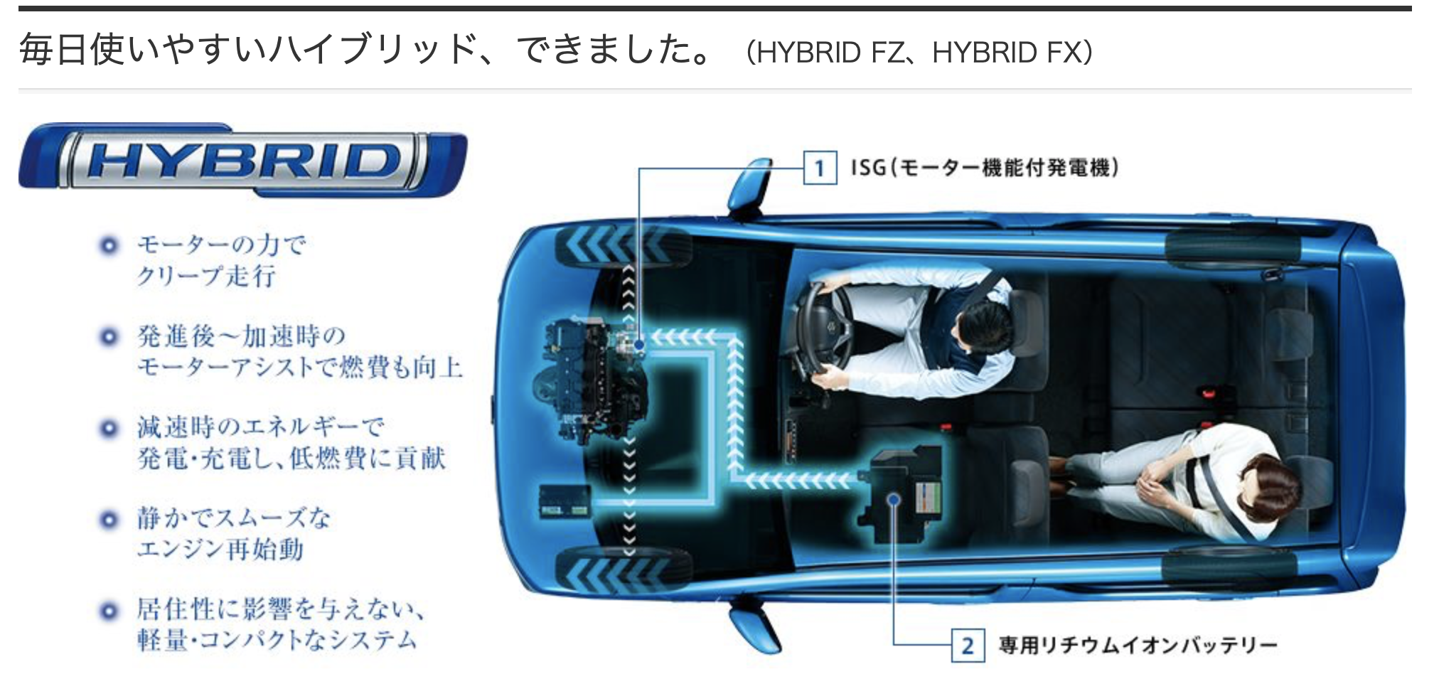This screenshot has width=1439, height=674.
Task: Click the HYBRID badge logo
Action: pyautogui.click(x=242, y=159)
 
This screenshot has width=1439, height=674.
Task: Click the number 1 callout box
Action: pyautogui.click(x=819, y=168)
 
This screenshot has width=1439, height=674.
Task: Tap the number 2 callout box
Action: pyautogui.click(x=967, y=646)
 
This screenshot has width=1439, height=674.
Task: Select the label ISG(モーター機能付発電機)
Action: pyautogui.click(x=985, y=168)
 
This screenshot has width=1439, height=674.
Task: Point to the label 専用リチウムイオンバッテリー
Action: pyautogui.click(x=1138, y=646)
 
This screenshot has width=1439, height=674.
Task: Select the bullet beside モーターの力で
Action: pyautogui.click(x=109, y=246)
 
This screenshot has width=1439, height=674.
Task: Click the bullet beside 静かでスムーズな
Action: pyautogui.click(x=109, y=520)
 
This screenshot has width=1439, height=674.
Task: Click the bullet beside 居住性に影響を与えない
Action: pyautogui.click(x=109, y=611)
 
